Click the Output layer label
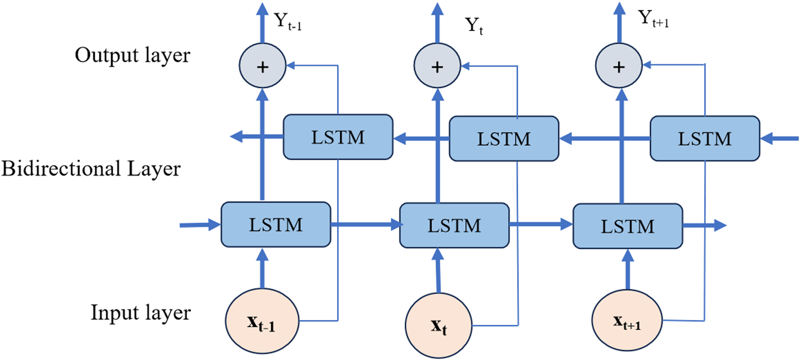click(132, 55)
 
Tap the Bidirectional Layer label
click(91, 169)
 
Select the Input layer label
click(140, 312)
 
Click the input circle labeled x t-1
click(262, 321)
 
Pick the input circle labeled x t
click(439, 326)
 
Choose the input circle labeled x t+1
click(627, 321)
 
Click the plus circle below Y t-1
click(262, 66)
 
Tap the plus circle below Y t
click(437, 66)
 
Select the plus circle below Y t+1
click(619, 66)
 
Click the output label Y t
click(474, 25)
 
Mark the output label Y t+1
click(653, 19)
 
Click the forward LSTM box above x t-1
click(276, 225)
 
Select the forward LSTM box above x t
click(454, 226)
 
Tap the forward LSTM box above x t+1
click(628, 227)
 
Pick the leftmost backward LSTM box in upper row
click(338, 137)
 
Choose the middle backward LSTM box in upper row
click(504, 139)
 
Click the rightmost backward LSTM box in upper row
click(704, 138)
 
